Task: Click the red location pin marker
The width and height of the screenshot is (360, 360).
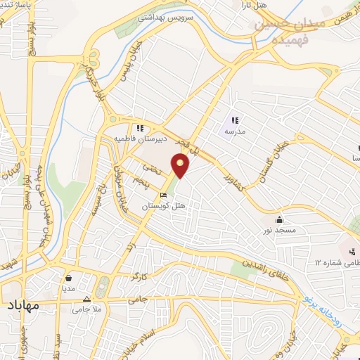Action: point(181,166)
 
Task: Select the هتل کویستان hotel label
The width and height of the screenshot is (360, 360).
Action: point(163,206)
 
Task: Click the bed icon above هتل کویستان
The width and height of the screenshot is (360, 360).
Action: point(163,195)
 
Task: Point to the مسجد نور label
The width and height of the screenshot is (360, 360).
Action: point(280,230)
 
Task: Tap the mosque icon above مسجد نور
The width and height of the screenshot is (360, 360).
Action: point(280,219)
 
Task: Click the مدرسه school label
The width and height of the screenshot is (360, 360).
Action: point(234,131)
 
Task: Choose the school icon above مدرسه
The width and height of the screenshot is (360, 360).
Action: point(234,120)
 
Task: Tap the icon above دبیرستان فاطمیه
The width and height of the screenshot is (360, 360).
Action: point(141,129)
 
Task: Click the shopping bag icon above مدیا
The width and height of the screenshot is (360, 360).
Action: point(68,277)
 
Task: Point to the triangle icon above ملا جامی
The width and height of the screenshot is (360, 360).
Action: point(86,299)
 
